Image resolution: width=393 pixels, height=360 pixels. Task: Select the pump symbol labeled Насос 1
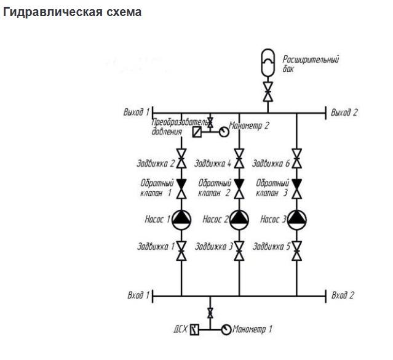[181, 219]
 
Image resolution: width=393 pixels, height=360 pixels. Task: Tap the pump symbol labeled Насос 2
[239, 219]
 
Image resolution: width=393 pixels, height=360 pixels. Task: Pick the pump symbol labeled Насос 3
[297, 219]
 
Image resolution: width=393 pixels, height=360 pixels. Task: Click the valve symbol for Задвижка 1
[181, 250]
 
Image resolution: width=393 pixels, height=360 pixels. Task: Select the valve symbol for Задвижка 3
[239, 250]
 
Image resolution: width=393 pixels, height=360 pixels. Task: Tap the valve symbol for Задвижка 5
[297, 250]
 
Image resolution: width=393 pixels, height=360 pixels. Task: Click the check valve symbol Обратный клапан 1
[181, 188]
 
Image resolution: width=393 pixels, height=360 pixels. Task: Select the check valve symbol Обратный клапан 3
[297, 188]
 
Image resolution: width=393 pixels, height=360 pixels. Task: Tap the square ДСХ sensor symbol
[195, 329]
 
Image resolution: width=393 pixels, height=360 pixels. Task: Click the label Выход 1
[136, 112]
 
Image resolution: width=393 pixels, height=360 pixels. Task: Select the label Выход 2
[344, 112]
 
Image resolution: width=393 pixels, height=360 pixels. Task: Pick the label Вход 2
[343, 295]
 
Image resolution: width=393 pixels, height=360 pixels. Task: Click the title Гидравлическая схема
[73, 12]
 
